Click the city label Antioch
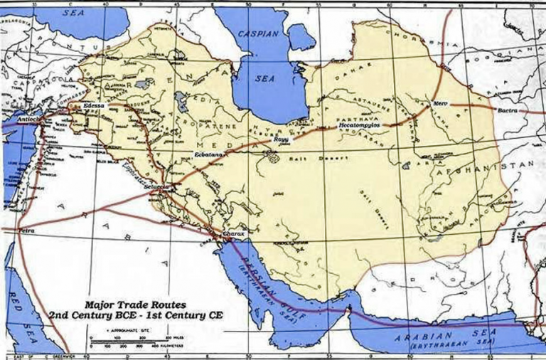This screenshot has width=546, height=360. tap(14, 112)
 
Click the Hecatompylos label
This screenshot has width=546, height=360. tap(360, 125)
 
